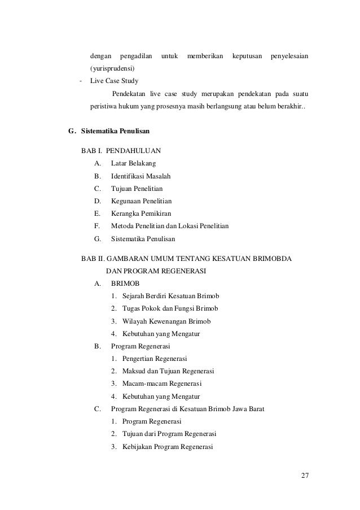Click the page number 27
tap(305, 474)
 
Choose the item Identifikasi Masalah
tap(144, 176)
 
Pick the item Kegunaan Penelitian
tap(142, 200)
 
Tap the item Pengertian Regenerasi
tap(155, 359)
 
